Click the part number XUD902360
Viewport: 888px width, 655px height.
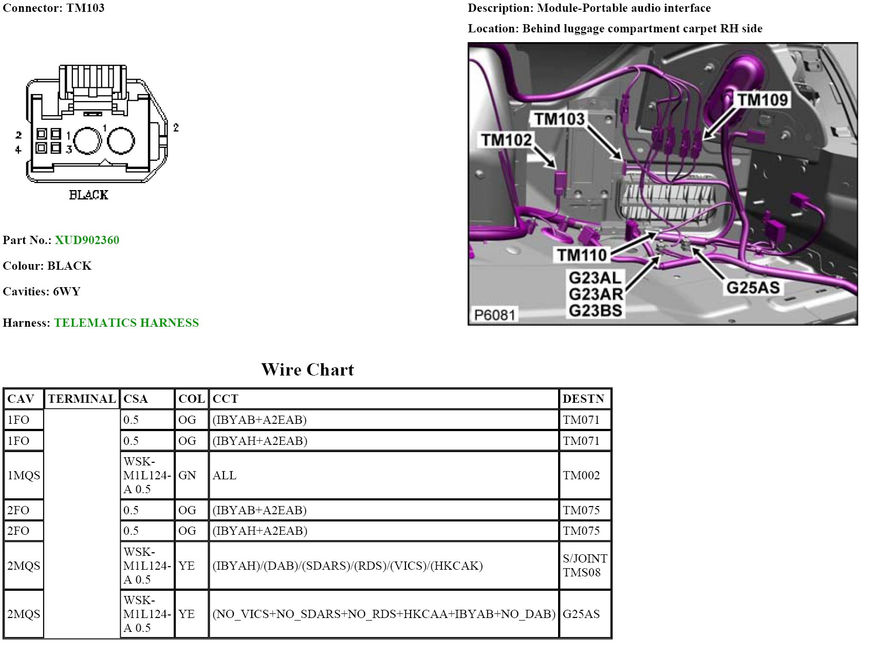click(87, 240)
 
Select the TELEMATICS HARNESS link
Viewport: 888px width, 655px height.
click(126, 323)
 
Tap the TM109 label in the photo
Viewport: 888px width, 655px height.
click(763, 100)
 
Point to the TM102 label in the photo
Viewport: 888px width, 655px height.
click(506, 139)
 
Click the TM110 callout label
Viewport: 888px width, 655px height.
click(582, 254)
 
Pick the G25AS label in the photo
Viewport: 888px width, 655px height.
click(752, 287)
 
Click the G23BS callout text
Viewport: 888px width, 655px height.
click(595, 311)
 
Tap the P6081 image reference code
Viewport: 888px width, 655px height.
click(494, 314)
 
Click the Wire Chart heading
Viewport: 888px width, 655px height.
click(307, 370)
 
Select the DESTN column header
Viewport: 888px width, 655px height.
click(583, 399)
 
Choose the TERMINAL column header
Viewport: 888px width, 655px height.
click(82, 399)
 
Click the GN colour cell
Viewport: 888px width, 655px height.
click(187, 475)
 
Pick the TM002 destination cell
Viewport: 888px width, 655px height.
click(581, 475)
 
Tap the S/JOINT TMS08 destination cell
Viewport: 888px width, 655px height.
click(584, 565)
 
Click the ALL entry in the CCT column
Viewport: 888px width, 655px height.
click(225, 475)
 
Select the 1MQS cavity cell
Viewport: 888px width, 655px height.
click(24, 475)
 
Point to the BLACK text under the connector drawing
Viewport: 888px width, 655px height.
click(89, 195)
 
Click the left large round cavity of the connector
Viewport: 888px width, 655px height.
click(88, 140)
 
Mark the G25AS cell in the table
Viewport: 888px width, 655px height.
click(581, 614)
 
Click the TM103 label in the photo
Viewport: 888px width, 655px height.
click(559, 119)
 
